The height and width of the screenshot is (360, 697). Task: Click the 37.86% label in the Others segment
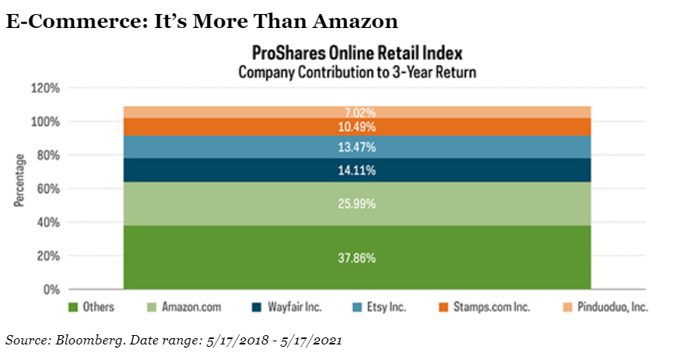(357, 257)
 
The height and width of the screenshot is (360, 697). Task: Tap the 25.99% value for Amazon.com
(357, 204)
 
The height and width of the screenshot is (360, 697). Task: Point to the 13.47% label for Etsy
(357, 147)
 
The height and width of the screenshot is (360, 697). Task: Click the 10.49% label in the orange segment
(357, 127)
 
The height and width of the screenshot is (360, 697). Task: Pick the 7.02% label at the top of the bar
(357, 112)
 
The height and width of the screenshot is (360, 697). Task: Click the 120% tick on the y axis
(44, 88)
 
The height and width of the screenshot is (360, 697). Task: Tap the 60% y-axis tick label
(47, 189)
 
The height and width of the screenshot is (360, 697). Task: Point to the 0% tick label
(51, 289)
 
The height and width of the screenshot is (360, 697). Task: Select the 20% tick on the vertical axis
(47, 256)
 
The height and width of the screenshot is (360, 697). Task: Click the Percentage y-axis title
(18, 180)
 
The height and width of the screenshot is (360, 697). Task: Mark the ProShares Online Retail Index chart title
(357, 54)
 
